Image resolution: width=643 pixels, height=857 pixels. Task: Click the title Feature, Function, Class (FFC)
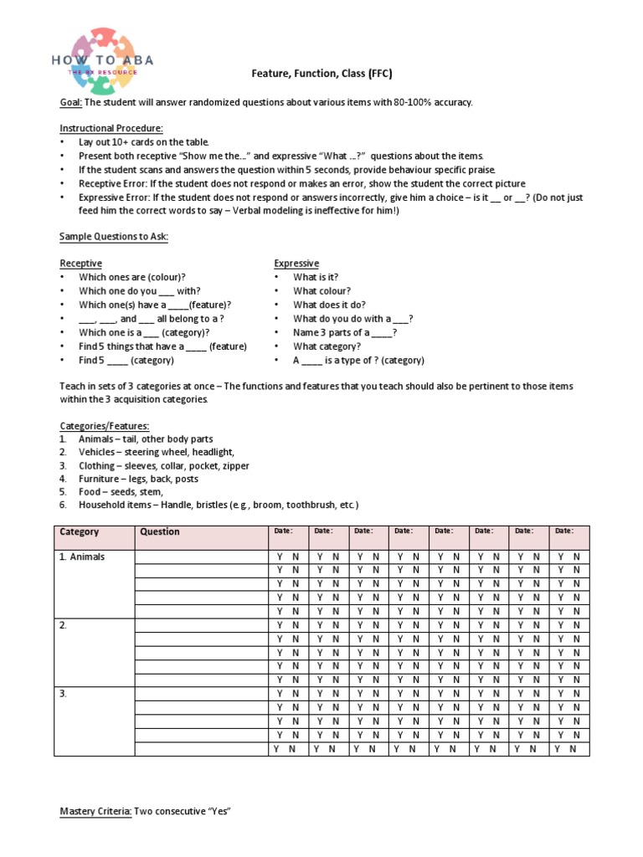pos(321,74)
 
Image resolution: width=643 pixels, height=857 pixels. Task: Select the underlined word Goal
pos(70,102)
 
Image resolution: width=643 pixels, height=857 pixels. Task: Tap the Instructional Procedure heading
pos(111,129)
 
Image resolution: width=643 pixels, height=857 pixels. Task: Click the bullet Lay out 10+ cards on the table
pos(143,142)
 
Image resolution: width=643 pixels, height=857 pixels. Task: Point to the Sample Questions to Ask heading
pos(114,237)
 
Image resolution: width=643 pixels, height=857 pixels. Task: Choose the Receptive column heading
pos(80,264)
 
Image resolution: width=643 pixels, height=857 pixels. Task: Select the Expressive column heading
pos(296,264)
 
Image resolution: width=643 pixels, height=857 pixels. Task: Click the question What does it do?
pos(329,305)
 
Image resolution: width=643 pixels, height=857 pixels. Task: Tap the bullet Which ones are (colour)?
pos(132,277)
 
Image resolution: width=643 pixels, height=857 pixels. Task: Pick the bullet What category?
pos(327,346)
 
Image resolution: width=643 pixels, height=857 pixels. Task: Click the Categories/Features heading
pos(104,426)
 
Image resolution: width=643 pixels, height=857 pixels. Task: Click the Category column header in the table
pos(79,532)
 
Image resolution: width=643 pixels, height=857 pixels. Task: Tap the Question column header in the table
pos(159,532)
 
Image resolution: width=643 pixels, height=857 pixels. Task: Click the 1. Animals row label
pos(82,557)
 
